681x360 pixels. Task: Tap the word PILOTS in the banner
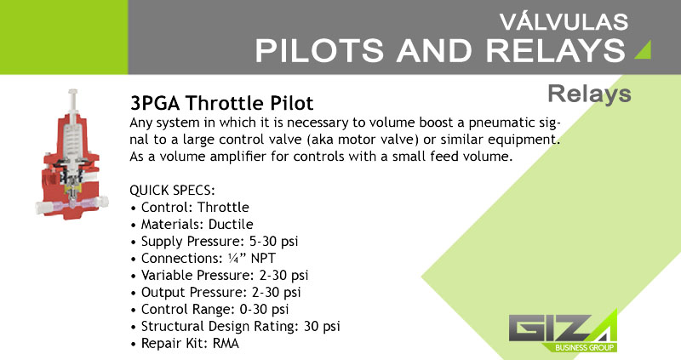pyautogui.click(x=319, y=50)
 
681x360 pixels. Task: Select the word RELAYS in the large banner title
pyautogui.click(x=556, y=50)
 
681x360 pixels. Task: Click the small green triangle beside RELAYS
pyautogui.click(x=644, y=49)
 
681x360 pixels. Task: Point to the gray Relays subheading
pyautogui.click(x=589, y=94)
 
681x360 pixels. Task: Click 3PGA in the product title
pyautogui.click(x=155, y=103)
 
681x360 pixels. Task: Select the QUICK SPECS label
pyautogui.click(x=173, y=190)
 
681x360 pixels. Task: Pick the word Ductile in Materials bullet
pyautogui.click(x=231, y=224)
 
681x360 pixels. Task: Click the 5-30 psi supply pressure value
pyautogui.click(x=273, y=242)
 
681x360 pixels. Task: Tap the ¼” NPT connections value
pyautogui.click(x=251, y=259)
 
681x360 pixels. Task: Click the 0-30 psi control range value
pyautogui.click(x=264, y=309)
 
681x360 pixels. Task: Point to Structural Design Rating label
pyautogui.click(x=220, y=326)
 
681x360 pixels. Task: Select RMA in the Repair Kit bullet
pyautogui.click(x=226, y=344)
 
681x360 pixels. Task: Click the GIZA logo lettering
pyautogui.click(x=563, y=327)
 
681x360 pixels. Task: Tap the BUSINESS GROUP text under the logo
pyautogui.click(x=584, y=347)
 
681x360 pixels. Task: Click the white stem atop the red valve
pyautogui.click(x=73, y=100)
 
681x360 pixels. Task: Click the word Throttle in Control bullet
pyautogui.click(x=223, y=207)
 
